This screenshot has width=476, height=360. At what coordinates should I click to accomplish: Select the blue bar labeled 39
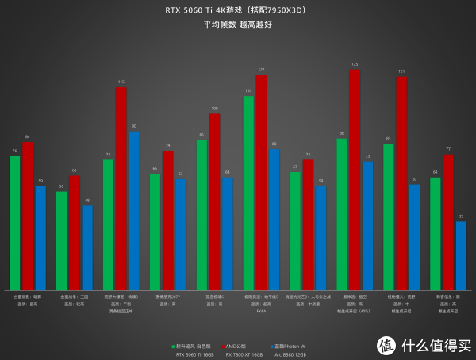(x=461, y=255)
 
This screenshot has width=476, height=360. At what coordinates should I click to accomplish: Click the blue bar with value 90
(x=133, y=210)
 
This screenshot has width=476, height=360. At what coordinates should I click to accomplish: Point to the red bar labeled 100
(x=214, y=201)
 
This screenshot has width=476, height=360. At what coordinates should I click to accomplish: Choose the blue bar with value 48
(x=87, y=247)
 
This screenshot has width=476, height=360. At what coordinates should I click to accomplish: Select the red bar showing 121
(x=401, y=183)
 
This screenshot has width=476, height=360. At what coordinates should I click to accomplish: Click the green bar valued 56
(x=61, y=240)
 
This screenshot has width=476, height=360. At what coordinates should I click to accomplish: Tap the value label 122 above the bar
(x=261, y=70)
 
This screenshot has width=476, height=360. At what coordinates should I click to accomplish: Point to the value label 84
(x=28, y=137)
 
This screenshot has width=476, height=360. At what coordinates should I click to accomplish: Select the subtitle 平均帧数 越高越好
(x=237, y=24)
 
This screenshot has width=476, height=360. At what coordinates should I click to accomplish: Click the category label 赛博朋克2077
(x=167, y=297)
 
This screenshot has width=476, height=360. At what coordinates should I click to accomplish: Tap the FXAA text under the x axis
(x=261, y=311)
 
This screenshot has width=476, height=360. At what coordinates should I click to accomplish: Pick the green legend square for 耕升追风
(x=172, y=347)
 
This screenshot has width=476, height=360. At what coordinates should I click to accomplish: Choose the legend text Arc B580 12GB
(x=290, y=355)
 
